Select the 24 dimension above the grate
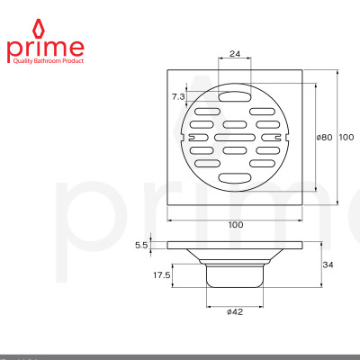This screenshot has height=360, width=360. click(x=235, y=53)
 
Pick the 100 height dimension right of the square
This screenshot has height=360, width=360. click(x=347, y=137)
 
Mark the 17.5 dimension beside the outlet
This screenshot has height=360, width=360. click(x=163, y=275)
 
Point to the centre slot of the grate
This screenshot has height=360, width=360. click(x=235, y=138)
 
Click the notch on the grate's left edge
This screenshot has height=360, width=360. click(x=185, y=138)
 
